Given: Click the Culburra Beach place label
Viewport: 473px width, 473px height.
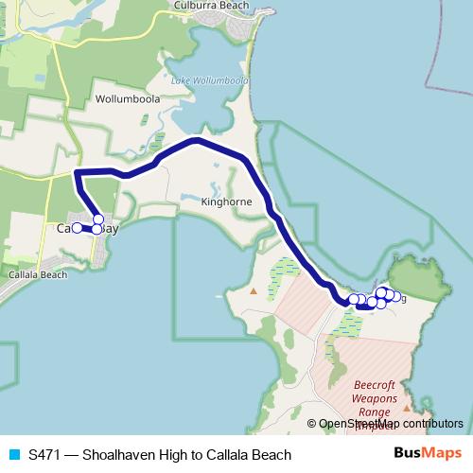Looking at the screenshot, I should pyautogui.click(x=210, y=6).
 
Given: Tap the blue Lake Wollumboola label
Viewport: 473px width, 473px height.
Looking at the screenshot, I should pyautogui.click(x=209, y=80).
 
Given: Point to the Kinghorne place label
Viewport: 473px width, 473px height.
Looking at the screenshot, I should pyautogui.click(x=227, y=201).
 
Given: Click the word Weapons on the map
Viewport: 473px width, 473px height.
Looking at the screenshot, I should pyautogui.click(x=376, y=400).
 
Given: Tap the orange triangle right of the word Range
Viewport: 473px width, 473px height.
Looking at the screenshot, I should pyautogui.click(x=406, y=410).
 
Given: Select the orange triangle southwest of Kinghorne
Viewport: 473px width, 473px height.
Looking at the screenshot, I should pyautogui.click(x=253, y=289).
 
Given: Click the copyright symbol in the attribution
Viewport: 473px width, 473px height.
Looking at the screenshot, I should pyautogui.click(x=312, y=424).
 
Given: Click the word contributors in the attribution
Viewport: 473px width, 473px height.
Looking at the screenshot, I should pyautogui.click(x=433, y=424).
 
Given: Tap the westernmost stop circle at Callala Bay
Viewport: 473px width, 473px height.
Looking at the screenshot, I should pyautogui.click(x=78, y=228).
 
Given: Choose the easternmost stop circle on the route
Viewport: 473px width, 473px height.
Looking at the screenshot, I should pyautogui.click(x=389, y=296).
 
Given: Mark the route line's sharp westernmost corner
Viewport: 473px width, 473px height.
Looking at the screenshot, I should pyautogui.click(x=76, y=172).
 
